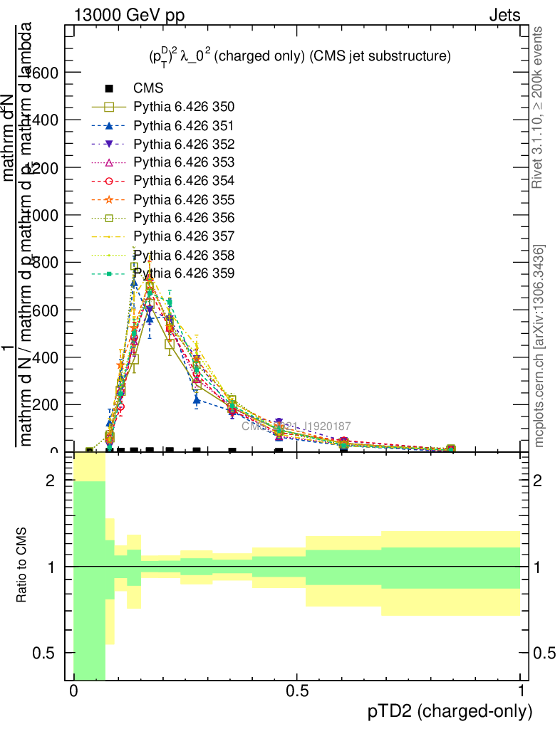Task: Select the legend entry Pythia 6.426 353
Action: (x=184, y=162)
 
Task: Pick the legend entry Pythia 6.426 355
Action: (x=184, y=199)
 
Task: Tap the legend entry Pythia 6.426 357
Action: (x=184, y=236)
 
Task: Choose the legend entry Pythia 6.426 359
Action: (x=184, y=273)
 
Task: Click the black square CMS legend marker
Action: (x=109, y=89)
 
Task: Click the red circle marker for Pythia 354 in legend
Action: (x=109, y=181)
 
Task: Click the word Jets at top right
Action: (x=504, y=14)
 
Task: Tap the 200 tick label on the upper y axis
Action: (x=43, y=404)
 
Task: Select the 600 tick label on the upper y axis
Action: (x=43, y=310)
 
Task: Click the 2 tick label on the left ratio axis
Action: (x=50, y=481)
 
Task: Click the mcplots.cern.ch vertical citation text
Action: (x=539, y=346)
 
